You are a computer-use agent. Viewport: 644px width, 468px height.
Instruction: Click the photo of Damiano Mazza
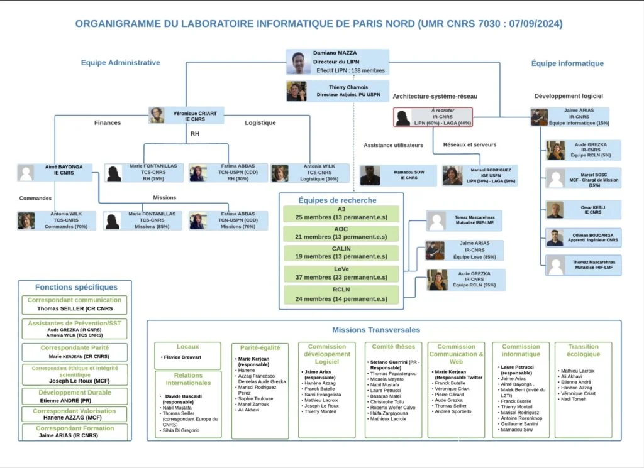pyautogui.click(x=298, y=63)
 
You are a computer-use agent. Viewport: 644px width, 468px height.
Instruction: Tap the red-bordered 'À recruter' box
pyautogui.click(x=433, y=117)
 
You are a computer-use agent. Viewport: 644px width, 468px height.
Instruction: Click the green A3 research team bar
pyautogui.click(x=341, y=214)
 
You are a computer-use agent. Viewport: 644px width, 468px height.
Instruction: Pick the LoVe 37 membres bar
pyautogui.click(x=341, y=273)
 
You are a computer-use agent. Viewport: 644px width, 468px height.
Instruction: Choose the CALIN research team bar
pyautogui.click(x=341, y=253)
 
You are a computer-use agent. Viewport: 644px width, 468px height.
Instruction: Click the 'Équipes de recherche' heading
pyautogui.click(x=338, y=200)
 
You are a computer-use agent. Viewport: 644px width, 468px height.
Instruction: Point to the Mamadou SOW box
pyautogui.click(x=399, y=175)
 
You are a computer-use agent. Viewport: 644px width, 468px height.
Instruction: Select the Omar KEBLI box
pyautogui.click(x=583, y=209)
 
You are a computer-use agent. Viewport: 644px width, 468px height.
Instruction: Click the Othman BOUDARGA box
pyautogui.click(x=583, y=237)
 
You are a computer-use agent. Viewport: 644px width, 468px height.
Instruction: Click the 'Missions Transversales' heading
pyautogui.click(x=376, y=329)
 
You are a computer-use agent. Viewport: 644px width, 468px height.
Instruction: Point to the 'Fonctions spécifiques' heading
pyautogui.click(x=76, y=287)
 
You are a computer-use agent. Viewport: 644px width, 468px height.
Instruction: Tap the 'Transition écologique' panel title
pyautogui.click(x=583, y=350)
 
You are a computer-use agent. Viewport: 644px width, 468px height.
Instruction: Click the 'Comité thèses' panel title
pyautogui.click(x=393, y=347)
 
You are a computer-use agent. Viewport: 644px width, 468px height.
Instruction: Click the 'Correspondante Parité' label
pyautogui.click(x=75, y=347)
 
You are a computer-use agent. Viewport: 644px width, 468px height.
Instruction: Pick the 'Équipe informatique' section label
pyautogui.click(x=567, y=63)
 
